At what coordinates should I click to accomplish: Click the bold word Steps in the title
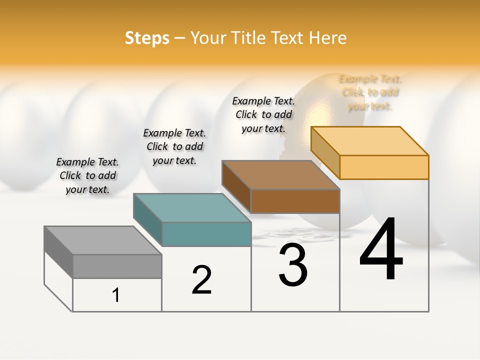point(147,38)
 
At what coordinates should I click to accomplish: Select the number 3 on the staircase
point(293,265)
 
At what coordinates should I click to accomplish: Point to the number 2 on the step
point(202,280)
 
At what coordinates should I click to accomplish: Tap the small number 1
point(116,295)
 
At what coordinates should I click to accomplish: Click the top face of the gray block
point(102,240)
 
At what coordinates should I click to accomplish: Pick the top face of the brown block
point(280,175)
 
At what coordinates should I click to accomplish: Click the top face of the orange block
point(369,140)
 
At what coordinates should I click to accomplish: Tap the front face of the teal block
point(206,234)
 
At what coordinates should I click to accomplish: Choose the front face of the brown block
point(295,201)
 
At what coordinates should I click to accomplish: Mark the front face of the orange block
point(384,167)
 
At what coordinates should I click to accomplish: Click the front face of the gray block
point(117,266)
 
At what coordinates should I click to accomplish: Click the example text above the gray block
point(87,175)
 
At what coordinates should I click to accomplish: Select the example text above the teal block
point(174,146)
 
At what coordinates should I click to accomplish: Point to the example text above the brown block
point(263,114)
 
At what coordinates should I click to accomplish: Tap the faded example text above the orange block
point(370,92)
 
